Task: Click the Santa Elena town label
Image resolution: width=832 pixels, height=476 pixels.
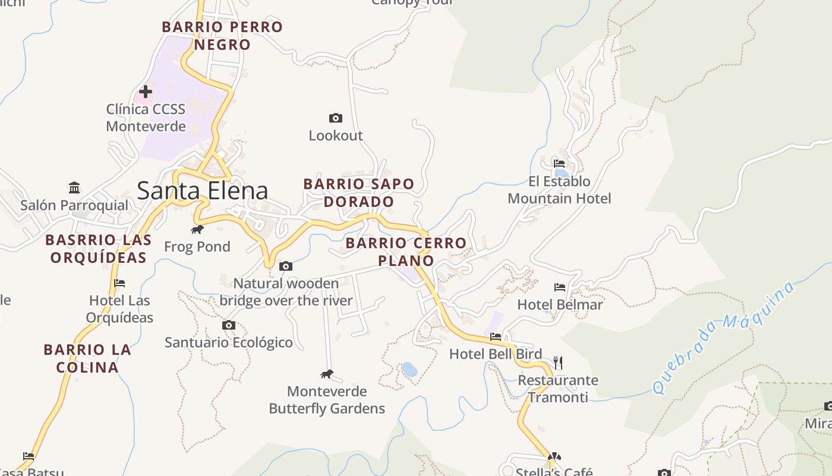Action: tap(202, 190)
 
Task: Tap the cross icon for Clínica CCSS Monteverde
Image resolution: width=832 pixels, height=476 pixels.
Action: tap(145, 92)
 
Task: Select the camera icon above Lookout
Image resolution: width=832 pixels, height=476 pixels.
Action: tap(336, 118)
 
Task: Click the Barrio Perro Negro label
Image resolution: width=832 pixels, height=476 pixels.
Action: tap(222, 36)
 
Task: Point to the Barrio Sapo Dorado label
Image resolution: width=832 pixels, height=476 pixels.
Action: tap(359, 193)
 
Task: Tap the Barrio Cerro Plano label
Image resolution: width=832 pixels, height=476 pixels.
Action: tap(406, 252)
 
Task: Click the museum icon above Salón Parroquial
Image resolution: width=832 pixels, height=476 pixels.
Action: tap(74, 187)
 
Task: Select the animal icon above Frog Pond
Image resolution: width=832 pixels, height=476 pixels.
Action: tap(197, 230)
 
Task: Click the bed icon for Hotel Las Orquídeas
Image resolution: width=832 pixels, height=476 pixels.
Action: tap(119, 283)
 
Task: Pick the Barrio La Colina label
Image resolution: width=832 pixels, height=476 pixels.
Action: tap(87, 358)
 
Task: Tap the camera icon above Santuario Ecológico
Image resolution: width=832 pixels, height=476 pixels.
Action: tap(228, 325)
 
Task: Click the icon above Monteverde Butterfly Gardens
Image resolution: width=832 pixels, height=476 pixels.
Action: tap(327, 374)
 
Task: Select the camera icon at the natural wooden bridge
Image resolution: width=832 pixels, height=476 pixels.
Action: tap(286, 266)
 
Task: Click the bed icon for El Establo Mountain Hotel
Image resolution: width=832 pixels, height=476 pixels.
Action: tap(559, 163)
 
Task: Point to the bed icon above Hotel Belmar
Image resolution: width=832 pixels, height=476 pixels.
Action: tap(560, 287)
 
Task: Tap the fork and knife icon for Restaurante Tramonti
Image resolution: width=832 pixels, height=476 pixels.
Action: tap(557, 362)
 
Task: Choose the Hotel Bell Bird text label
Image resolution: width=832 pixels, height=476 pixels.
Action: tap(495, 354)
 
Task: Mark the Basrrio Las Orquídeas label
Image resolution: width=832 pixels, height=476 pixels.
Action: tap(98, 249)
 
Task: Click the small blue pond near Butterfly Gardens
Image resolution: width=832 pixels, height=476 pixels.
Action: tap(409, 369)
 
